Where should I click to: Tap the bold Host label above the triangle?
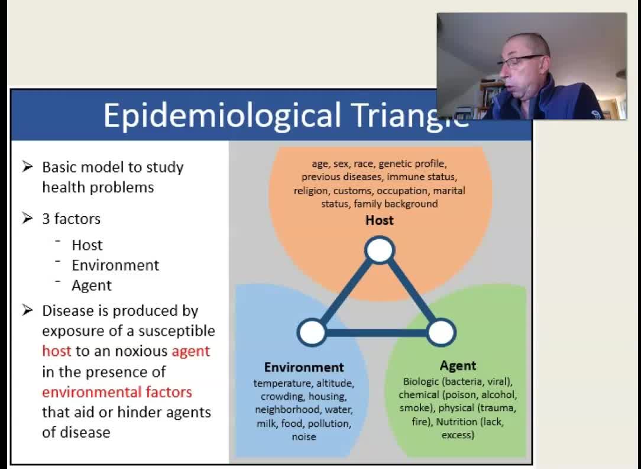(x=380, y=220)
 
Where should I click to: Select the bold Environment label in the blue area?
(x=304, y=367)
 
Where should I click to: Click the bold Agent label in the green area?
(x=458, y=365)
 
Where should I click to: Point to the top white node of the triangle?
(x=380, y=250)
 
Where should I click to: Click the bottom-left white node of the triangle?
(x=312, y=332)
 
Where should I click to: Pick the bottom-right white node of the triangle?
(x=441, y=332)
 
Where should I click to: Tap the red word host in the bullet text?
(x=56, y=351)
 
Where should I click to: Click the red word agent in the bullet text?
(x=190, y=352)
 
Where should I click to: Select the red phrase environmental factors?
(x=117, y=391)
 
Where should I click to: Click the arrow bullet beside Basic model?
(x=27, y=166)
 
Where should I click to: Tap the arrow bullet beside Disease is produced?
(x=27, y=310)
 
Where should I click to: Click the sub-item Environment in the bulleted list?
(x=115, y=265)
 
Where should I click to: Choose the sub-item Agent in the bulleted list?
(x=92, y=285)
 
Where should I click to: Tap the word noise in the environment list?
(x=304, y=436)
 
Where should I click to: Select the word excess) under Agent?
(x=458, y=435)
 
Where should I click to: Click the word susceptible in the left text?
(x=177, y=331)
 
